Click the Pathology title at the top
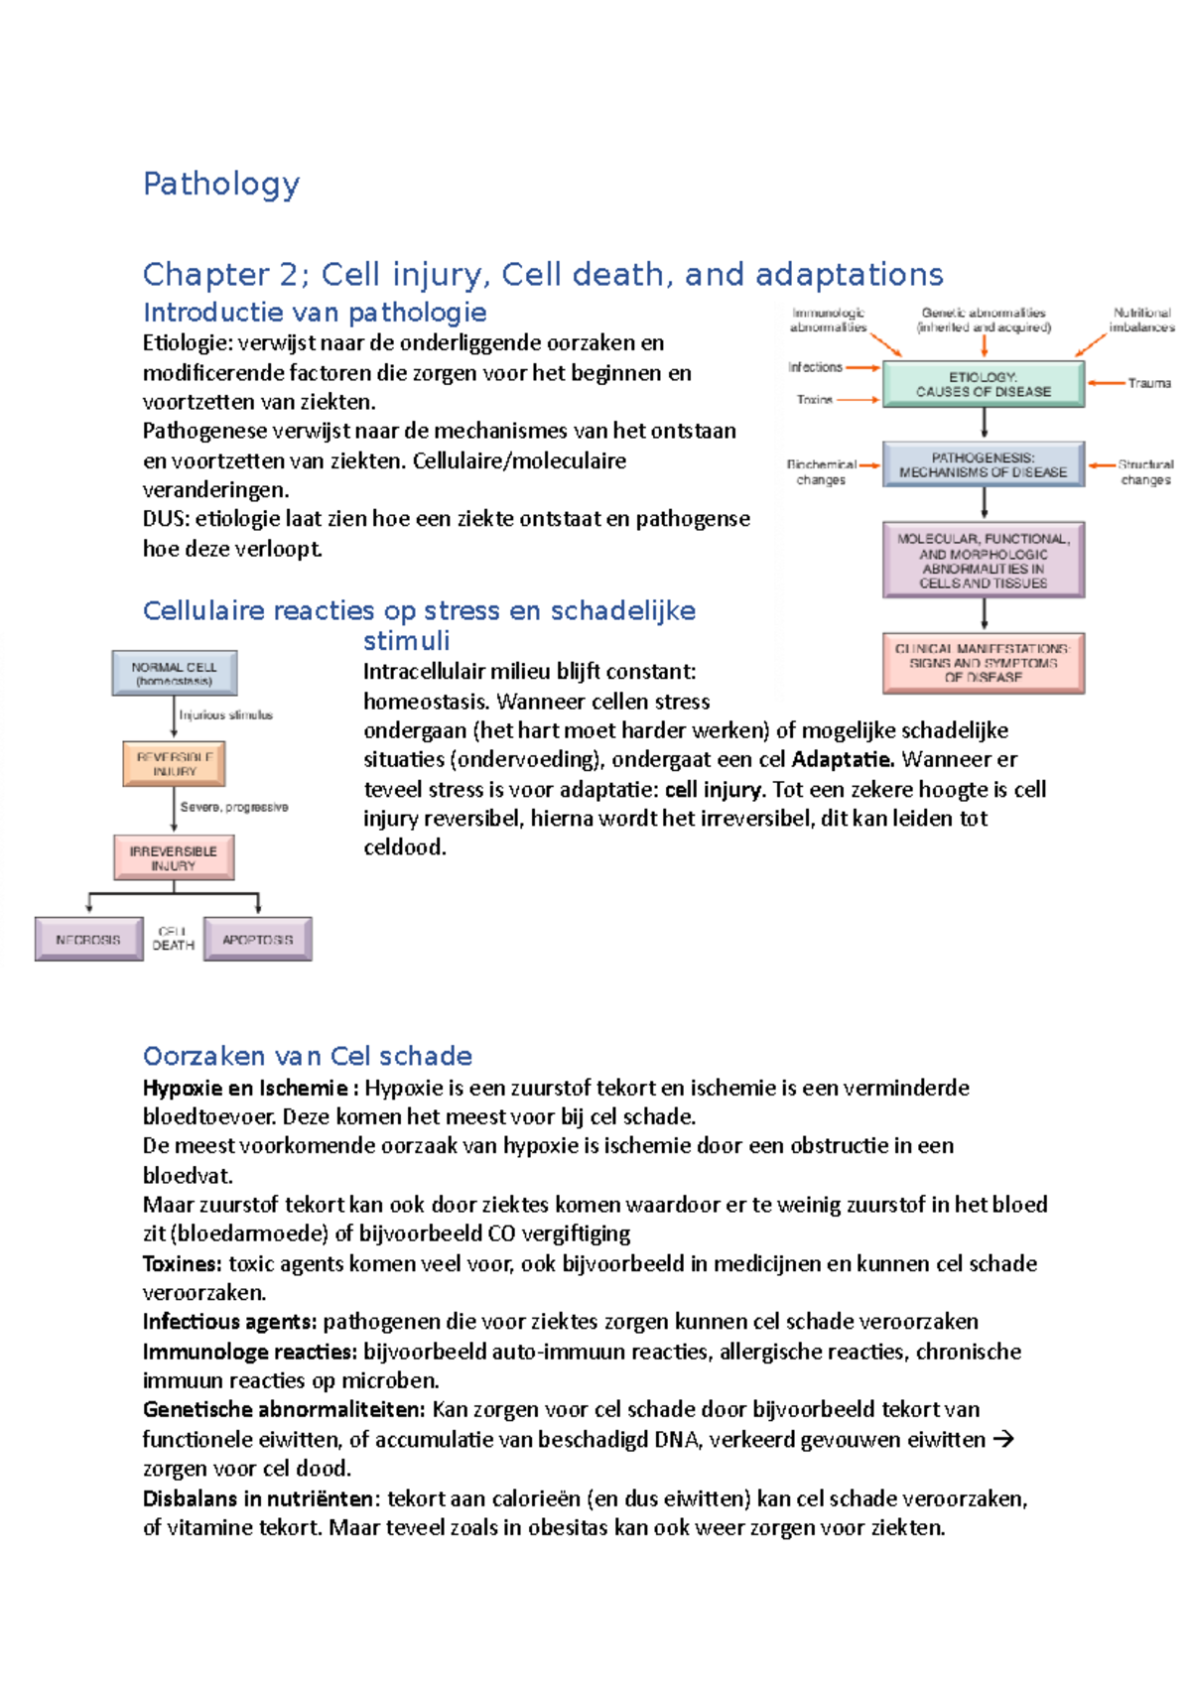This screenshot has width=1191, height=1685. (221, 184)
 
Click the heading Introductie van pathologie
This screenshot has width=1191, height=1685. (315, 313)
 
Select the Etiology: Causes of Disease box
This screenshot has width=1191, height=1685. (983, 384)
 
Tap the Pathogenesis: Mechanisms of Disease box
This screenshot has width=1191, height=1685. (983, 464)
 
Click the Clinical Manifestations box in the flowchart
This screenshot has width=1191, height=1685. (983, 662)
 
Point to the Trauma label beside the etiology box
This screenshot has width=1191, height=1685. (1148, 383)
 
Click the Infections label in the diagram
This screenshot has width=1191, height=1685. (815, 367)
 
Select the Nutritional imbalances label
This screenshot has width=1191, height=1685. (1141, 320)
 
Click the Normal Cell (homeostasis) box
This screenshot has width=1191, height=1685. (174, 674)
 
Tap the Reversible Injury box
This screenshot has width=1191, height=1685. (174, 763)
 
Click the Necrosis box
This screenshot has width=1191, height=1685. (88, 939)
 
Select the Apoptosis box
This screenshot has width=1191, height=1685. (257, 939)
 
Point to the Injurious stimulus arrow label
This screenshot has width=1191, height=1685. (225, 714)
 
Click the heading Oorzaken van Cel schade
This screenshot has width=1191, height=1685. (307, 1056)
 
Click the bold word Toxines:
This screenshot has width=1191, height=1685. (182, 1264)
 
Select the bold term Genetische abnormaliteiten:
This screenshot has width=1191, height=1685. (284, 1410)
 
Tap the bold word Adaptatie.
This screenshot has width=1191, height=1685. (843, 760)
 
